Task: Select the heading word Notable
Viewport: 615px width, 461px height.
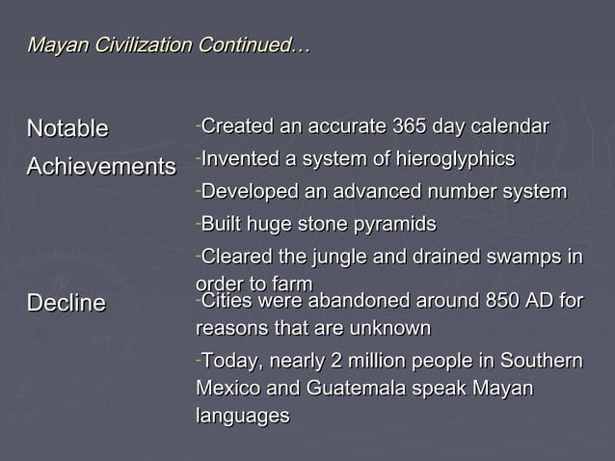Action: (x=67, y=128)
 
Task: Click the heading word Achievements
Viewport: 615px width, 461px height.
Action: (x=101, y=167)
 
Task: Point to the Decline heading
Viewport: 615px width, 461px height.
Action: (x=66, y=303)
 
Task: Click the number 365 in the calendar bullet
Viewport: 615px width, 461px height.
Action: (x=410, y=127)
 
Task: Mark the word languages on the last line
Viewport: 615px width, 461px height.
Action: (x=242, y=416)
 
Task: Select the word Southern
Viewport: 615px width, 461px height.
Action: (x=543, y=362)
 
